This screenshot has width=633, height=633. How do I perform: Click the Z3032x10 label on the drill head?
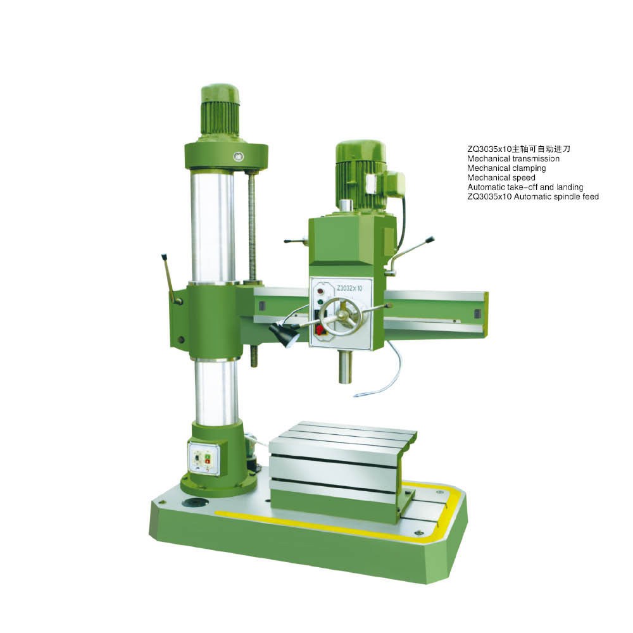click(349, 288)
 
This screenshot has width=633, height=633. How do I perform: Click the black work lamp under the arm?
click(284, 334)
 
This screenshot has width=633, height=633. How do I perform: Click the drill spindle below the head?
click(345, 367)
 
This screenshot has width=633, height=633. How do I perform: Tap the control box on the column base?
click(204, 459)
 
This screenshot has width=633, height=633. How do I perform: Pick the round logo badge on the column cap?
click(237, 156)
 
